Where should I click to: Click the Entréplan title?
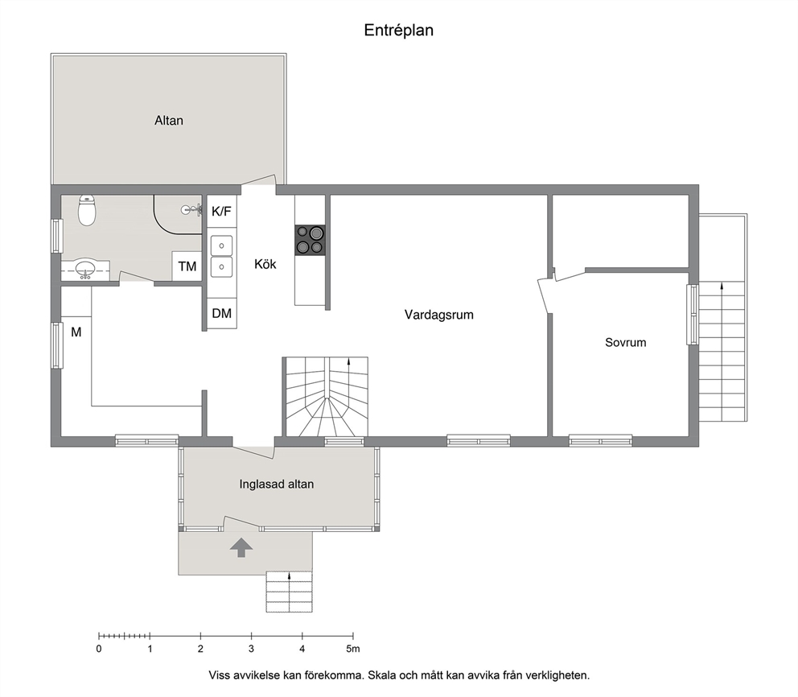(x=398, y=31)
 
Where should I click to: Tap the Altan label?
(x=169, y=121)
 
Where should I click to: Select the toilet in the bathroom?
(x=87, y=210)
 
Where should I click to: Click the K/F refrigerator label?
(x=221, y=212)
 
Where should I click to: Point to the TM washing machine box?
(x=187, y=266)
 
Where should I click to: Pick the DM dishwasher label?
(x=221, y=313)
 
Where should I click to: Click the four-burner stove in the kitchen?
(x=310, y=240)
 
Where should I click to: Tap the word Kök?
(x=265, y=264)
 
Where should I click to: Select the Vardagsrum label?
(x=438, y=315)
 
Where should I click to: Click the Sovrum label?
(x=626, y=343)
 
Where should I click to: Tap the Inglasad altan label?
(x=277, y=485)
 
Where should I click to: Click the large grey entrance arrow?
(x=241, y=548)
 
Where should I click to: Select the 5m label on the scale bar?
(x=352, y=650)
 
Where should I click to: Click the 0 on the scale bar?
(x=99, y=650)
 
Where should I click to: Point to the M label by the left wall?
(x=76, y=332)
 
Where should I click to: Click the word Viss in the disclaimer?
(x=219, y=675)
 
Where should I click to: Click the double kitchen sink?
(x=221, y=256)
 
